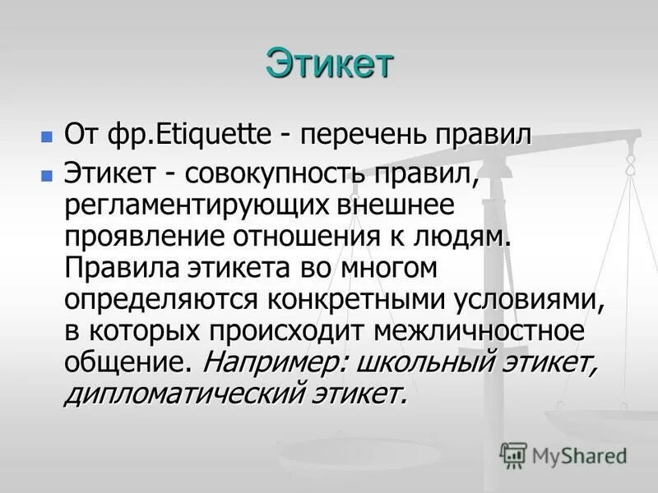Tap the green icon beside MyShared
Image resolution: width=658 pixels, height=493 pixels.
tap(512, 454)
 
